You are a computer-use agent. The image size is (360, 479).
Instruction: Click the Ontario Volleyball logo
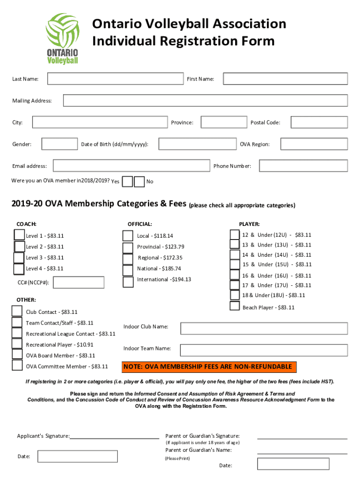[62, 39]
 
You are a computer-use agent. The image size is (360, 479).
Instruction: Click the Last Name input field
[115, 79]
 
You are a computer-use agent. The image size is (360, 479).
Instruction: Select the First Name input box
[285, 79]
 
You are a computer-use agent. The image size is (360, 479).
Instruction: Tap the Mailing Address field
[205, 101]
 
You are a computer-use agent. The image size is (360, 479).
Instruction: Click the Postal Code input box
[319, 122]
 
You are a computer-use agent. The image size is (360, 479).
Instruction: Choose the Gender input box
[60, 144]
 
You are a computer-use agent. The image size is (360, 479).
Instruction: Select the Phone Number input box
[303, 166]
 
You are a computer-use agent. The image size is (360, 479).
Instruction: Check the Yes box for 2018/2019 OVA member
[127, 181]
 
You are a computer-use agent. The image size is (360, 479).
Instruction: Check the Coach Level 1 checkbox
[19, 235]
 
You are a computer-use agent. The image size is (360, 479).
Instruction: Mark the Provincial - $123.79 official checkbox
[128, 247]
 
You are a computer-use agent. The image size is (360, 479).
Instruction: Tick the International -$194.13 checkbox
[128, 282]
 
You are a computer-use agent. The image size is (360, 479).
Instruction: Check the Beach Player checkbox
[235, 306]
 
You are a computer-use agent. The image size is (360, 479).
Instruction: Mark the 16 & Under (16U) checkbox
[235, 276]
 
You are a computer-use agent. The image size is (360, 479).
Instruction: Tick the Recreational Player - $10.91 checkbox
[17, 344]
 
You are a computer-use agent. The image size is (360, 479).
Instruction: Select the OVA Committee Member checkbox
[17, 365]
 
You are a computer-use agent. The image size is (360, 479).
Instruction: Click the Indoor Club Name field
[264, 328]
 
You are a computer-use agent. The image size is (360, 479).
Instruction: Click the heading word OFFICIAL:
[140, 224]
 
